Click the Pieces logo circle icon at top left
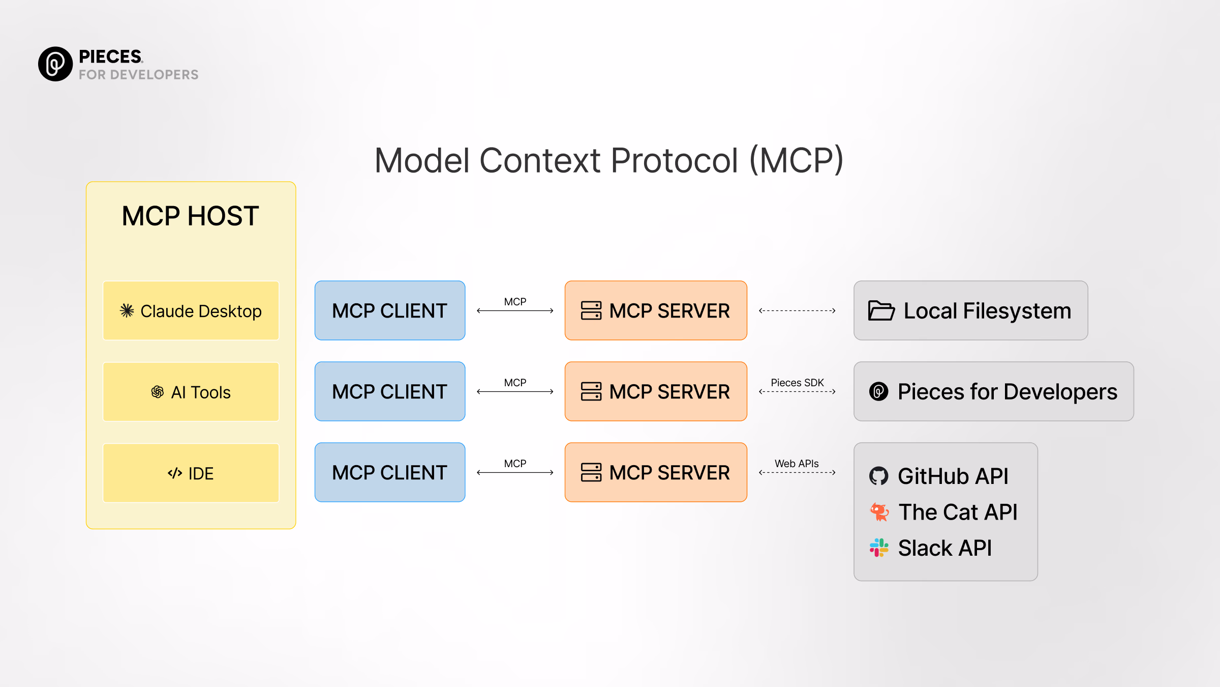tap(55, 64)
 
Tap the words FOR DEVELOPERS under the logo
tap(138, 75)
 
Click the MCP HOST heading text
tap(190, 216)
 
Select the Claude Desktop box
tap(191, 310)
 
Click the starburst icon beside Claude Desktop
tap(127, 310)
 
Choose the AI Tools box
tap(191, 392)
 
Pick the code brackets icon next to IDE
tap(175, 473)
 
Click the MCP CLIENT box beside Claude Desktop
tap(389, 310)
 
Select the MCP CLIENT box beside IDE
tap(389, 472)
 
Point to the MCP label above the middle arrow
tap(515, 383)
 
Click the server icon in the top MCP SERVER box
tap(591, 310)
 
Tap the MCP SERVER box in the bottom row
tap(656, 472)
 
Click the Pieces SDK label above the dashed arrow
tap(797, 383)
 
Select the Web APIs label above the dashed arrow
tap(797, 464)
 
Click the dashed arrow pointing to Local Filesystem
tap(797, 310)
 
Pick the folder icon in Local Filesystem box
tap(881, 310)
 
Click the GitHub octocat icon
tap(878, 476)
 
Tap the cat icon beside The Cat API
tap(879, 512)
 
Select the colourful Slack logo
tap(879, 548)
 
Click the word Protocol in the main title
tap(674, 161)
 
